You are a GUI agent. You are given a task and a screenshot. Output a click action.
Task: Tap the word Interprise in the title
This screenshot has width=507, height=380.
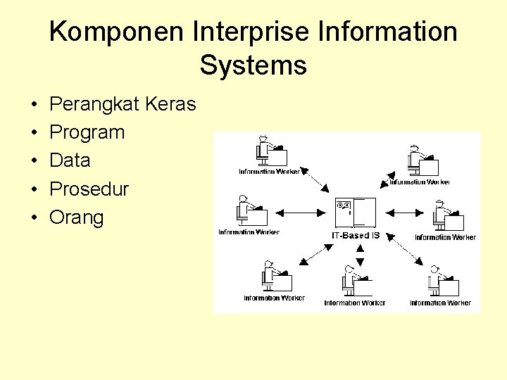click(235, 32)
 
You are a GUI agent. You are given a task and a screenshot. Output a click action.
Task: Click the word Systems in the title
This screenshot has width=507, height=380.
click(253, 65)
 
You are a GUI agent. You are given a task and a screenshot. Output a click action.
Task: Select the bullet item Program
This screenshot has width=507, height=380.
click(87, 132)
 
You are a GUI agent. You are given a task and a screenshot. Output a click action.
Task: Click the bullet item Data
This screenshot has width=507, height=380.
click(70, 160)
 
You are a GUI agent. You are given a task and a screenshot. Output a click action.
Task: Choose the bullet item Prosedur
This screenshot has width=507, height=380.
click(89, 189)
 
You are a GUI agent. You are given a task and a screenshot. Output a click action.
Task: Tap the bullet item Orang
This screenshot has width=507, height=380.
click(76, 217)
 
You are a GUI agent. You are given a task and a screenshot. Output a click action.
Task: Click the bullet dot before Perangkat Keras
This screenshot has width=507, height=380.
click(34, 105)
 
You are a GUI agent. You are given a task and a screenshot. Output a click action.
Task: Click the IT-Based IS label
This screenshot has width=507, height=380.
click(356, 235)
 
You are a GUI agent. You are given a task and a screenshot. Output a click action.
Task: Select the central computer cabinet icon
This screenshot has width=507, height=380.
click(356, 213)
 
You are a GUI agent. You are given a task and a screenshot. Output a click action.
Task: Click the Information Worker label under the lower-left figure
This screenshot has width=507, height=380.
click(275, 298)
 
